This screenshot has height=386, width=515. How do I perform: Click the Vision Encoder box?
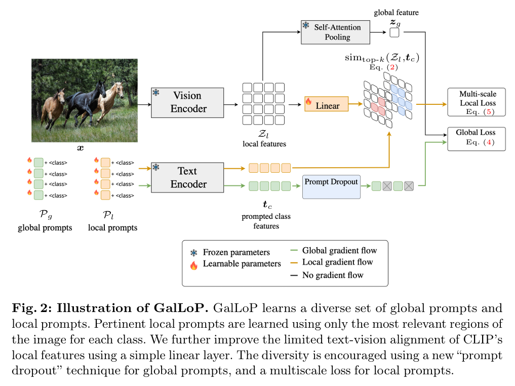[187, 102]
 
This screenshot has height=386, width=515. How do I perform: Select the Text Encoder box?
[187, 177]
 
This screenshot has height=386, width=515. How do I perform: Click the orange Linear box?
[326, 104]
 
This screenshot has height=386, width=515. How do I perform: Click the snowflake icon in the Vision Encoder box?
[156, 93]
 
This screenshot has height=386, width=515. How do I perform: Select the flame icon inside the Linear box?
[308, 102]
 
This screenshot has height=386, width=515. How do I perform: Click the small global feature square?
[394, 32]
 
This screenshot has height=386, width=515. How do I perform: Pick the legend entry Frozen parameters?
[236, 252]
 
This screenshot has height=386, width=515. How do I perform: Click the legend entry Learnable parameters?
[242, 263]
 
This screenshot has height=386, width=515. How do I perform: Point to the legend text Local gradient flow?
[337, 262]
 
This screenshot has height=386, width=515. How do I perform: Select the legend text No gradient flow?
[333, 275]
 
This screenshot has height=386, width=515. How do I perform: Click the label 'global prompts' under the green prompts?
[45, 227]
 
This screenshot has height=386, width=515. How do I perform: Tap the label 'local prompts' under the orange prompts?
[112, 227]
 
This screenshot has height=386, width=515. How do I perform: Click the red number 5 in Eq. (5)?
[488, 112]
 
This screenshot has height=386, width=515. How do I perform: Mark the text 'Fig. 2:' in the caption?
[31, 308]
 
